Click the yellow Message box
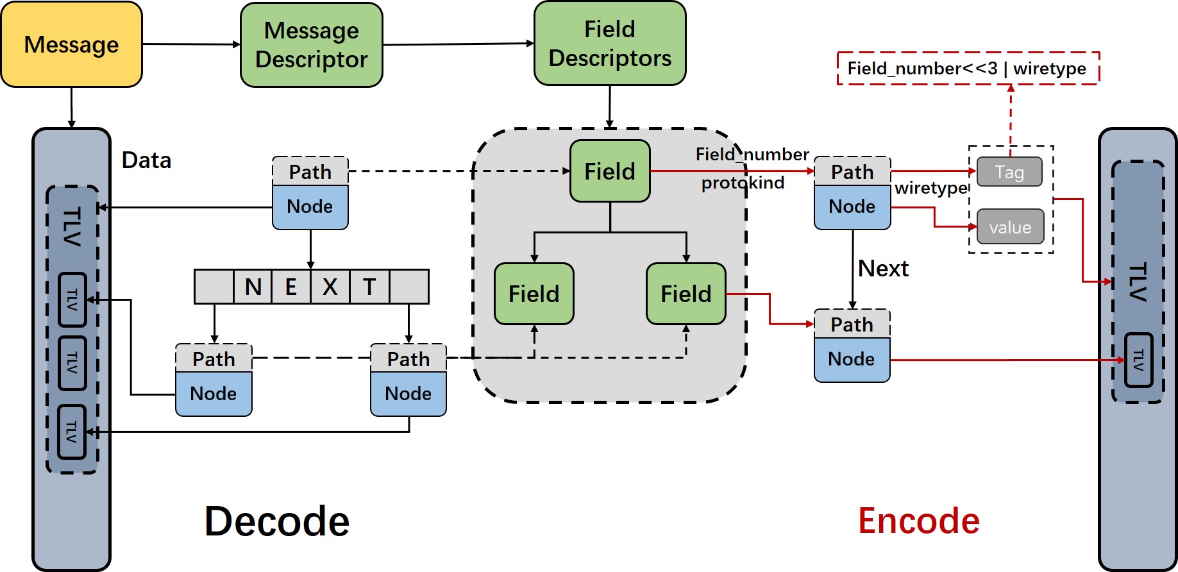coord(71,44)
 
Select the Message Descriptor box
coord(312,44)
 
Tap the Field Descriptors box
coord(610,43)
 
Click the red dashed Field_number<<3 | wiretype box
coord(968,68)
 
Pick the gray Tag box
coord(1009,172)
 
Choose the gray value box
coord(1010,227)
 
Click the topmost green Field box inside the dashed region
coord(610,171)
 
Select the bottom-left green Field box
coord(534,294)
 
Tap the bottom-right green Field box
coord(686,294)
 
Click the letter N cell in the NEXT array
coord(253,287)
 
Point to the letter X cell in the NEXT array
coord(330,287)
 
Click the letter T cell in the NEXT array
coord(369,287)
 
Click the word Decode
coord(277,521)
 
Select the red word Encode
coord(918,521)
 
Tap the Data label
coord(146,160)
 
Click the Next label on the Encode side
coord(883,268)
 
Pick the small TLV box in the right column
coord(1138,360)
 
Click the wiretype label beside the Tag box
coord(930,188)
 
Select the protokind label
coord(743,183)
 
